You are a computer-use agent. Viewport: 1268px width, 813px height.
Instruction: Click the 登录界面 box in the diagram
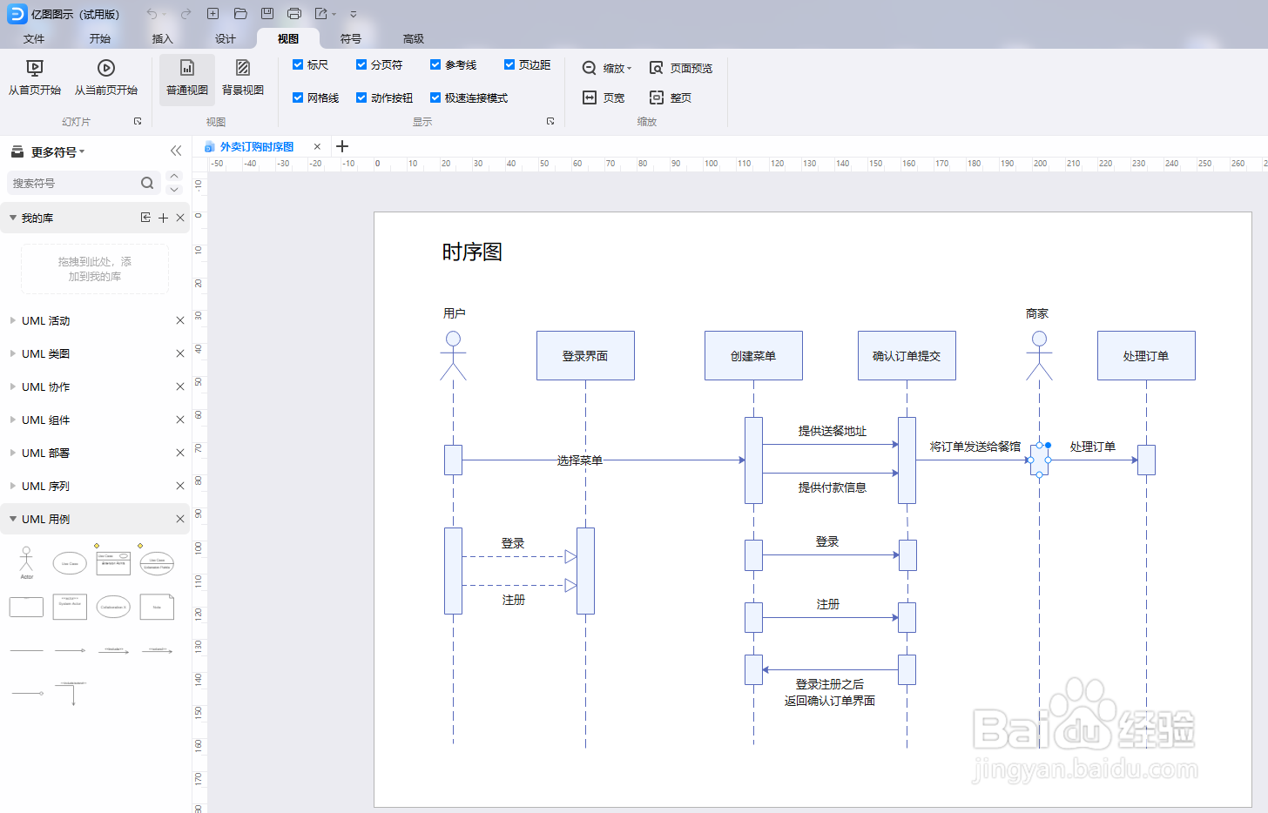pos(585,355)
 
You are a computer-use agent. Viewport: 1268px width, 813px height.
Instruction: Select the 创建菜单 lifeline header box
pos(753,355)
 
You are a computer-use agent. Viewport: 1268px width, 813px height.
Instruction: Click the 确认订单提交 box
pos(907,355)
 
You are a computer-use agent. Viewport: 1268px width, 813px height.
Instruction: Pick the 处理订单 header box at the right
pos(1146,355)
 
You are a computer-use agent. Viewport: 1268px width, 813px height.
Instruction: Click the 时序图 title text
pos(472,252)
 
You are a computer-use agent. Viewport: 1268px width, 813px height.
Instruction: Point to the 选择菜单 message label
pos(580,460)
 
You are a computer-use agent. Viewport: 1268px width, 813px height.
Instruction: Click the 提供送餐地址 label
pos(833,431)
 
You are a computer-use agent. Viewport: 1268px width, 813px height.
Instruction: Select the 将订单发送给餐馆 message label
pos(975,447)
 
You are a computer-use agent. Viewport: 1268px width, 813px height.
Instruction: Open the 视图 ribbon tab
pos(288,38)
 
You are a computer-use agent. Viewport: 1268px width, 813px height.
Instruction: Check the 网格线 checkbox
pos(298,97)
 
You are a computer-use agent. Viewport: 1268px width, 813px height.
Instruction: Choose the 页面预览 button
pos(681,68)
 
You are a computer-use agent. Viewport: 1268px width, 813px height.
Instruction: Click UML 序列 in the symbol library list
pos(46,486)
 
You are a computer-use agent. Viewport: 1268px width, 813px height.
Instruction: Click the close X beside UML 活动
pos(180,320)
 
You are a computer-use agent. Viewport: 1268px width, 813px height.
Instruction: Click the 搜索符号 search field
pos(74,183)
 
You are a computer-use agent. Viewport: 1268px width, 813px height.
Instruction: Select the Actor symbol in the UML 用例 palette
pos(26,562)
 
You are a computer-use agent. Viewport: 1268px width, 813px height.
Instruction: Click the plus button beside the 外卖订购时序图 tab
pos(342,146)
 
